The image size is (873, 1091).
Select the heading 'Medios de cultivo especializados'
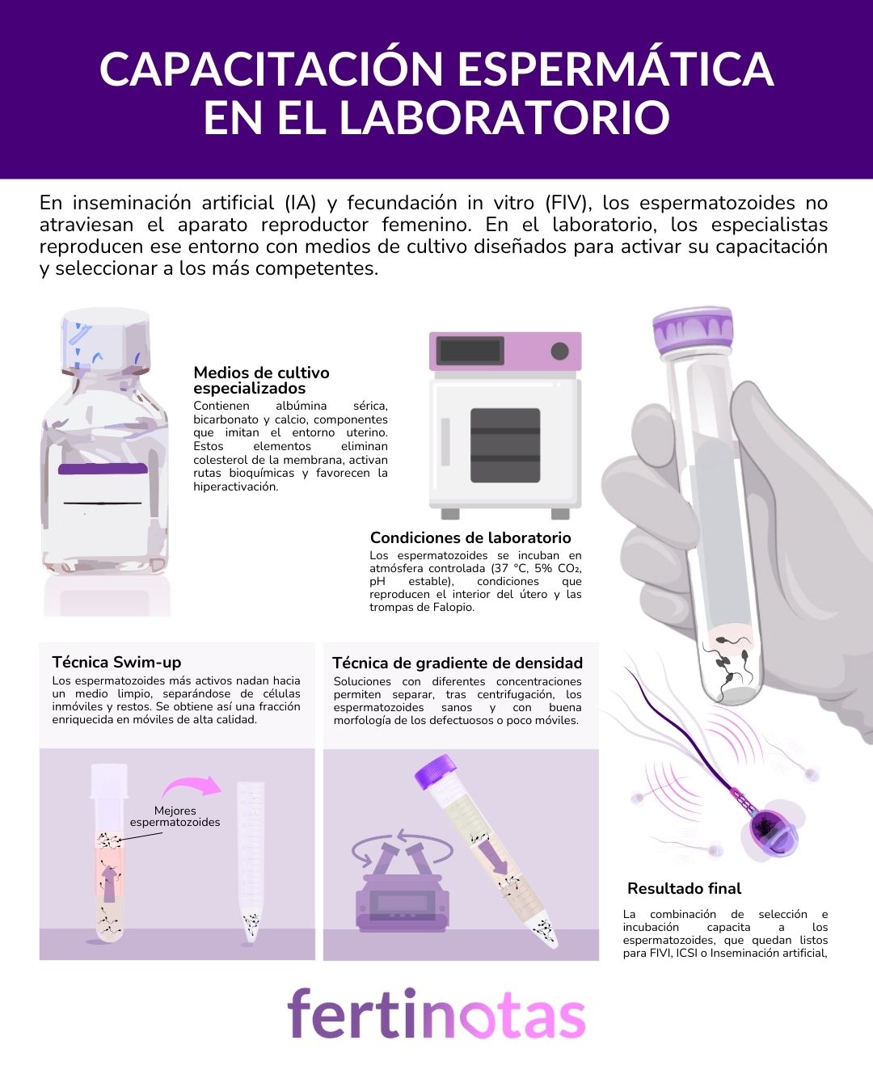click(x=261, y=380)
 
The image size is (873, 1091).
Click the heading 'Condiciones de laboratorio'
click(x=470, y=537)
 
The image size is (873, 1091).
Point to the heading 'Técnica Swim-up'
click(x=116, y=662)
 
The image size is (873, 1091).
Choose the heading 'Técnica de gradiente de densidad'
click(x=458, y=663)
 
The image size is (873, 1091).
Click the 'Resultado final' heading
click(x=685, y=888)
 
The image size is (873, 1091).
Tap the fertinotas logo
click(x=436, y=1013)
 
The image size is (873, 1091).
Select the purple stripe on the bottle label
click(x=103, y=469)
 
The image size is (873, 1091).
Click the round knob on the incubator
click(x=559, y=351)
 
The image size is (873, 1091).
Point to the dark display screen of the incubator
click(x=470, y=351)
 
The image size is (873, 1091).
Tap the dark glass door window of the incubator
click(x=505, y=445)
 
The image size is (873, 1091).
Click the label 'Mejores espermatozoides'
click(x=175, y=816)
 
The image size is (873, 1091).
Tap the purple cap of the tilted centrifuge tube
click(x=435, y=771)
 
